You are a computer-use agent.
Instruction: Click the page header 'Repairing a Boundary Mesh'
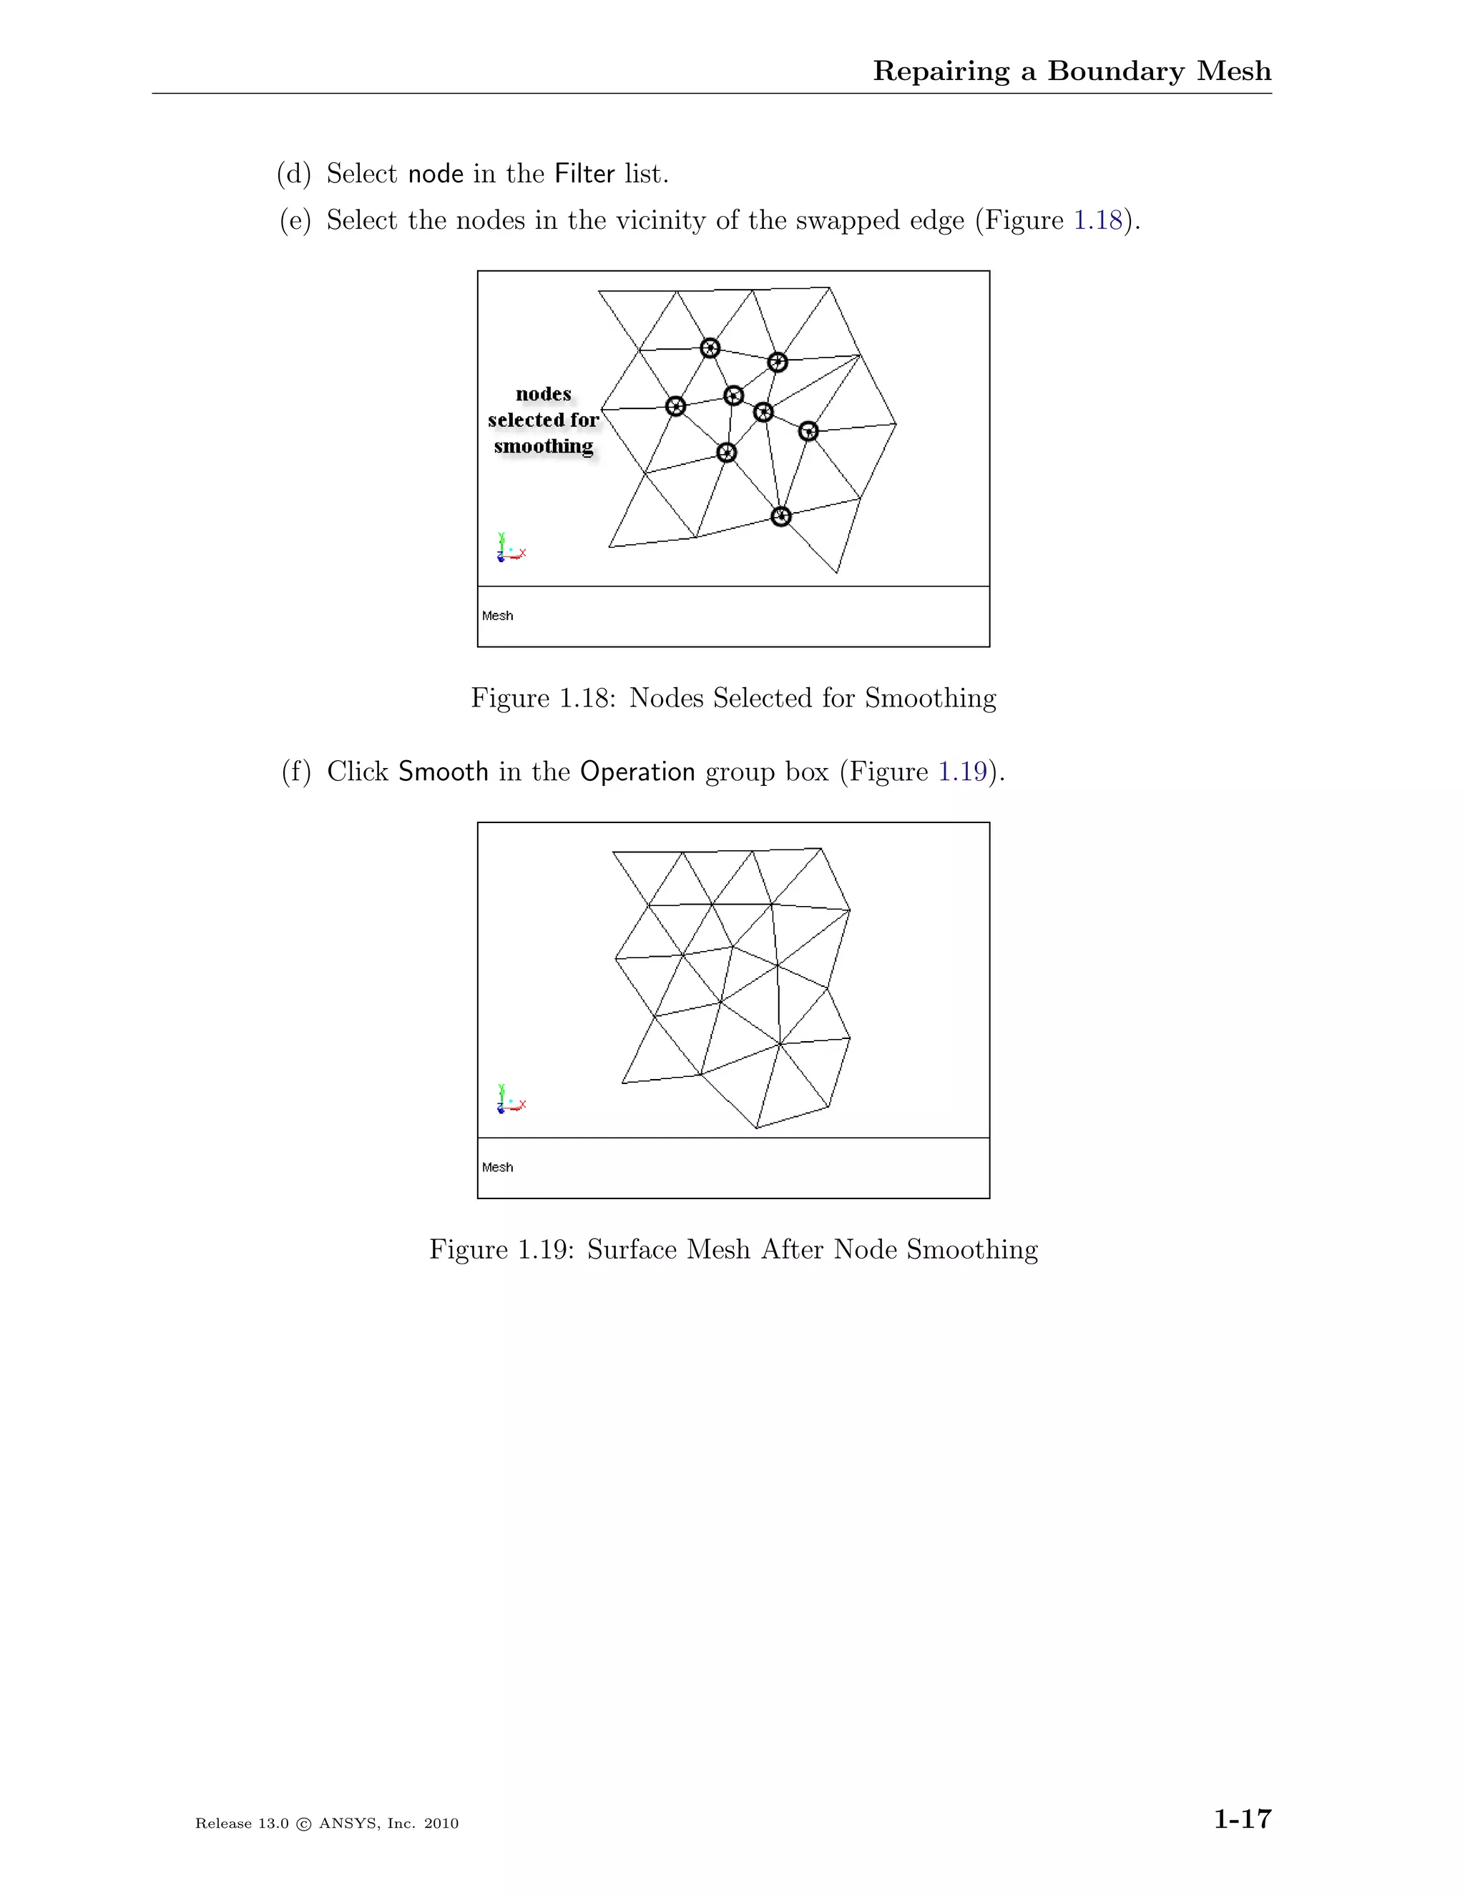point(1071,71)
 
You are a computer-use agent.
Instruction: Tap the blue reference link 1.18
point(1098,220)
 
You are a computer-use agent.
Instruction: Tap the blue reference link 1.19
point(963,772)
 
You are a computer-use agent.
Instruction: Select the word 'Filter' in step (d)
point(584,174)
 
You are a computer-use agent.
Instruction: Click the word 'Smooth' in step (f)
point(443,772)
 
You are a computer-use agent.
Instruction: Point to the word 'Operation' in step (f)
point(637,772)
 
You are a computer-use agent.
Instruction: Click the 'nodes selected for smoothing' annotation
point(544,420)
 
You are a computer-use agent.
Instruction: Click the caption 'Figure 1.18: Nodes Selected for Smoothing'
point(733,698)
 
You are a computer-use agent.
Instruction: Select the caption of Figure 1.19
point(733,1249)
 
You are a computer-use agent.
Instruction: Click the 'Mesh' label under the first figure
point(497,616)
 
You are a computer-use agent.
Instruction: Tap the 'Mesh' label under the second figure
point(497,1167)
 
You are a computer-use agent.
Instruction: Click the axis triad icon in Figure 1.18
point(510,549)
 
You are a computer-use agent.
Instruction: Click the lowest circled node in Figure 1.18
point(781,516)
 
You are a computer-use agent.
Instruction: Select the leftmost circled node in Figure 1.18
point(675,406)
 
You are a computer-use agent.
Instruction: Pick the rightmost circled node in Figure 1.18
point(808,430)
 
